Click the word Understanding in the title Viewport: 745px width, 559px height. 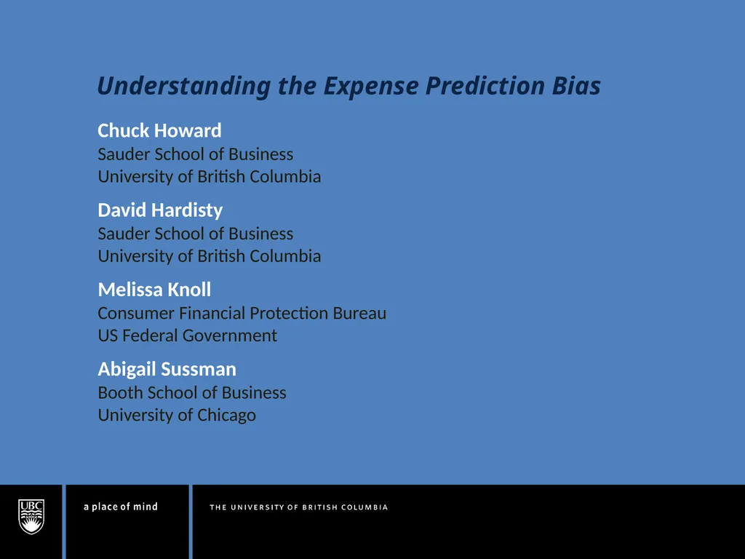(x=183, y=87)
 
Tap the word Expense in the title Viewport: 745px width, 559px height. (x=371, y=87)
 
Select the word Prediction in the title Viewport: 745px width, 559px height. (x=485, y=87)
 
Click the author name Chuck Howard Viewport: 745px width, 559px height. (x=159, y=131)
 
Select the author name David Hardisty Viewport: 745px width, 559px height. (x=160, y=210)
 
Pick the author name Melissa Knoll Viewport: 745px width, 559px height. (x=154, y=290)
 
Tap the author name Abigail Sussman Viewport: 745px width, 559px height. (x=167, y=369)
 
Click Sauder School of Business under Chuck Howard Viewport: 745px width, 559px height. (x=195, y=154)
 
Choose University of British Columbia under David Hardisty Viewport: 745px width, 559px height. (x=209, y=256)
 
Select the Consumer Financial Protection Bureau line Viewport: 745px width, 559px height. (x=242, y=314)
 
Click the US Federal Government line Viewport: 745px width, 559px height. (x=187, y=336)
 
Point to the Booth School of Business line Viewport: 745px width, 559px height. (x=192, y=393)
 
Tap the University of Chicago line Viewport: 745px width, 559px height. (x=177, y=416)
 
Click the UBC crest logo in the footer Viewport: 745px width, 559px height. (x=31, y=516)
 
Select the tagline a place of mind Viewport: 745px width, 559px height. (x=120, y=507)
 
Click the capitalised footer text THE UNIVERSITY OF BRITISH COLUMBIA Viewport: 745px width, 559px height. (x=298, y=507)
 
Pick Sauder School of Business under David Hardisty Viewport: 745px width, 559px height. (x=195, y=234)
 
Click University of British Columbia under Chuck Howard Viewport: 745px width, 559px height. (x=209, y=177)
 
